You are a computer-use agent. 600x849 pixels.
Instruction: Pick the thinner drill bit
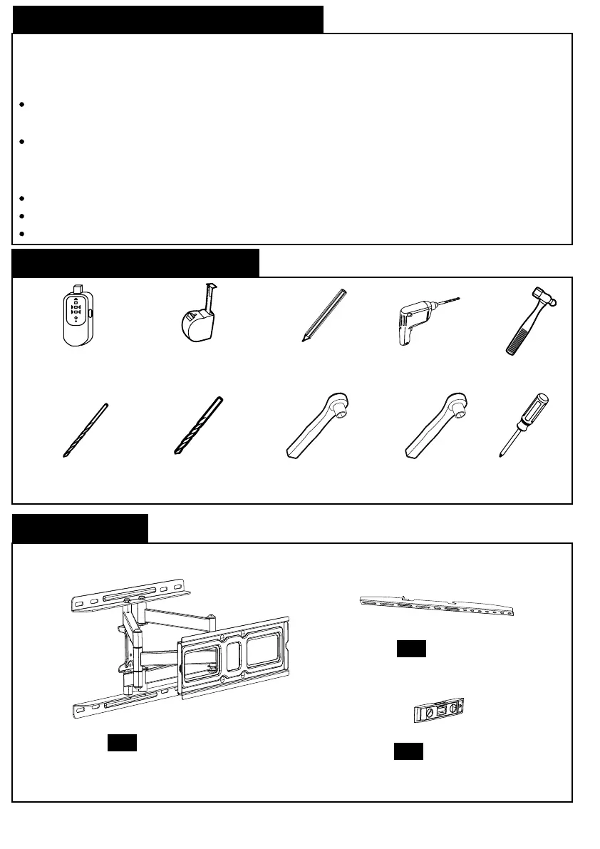click(x=86, y=429)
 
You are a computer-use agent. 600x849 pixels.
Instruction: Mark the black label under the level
click(x=408, y=751)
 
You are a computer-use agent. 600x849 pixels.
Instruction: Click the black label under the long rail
click(x=411, y=648)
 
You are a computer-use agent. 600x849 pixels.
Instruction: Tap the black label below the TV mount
click(x=122, y=741)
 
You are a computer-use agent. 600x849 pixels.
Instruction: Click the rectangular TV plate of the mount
click(x=235, y=656)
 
